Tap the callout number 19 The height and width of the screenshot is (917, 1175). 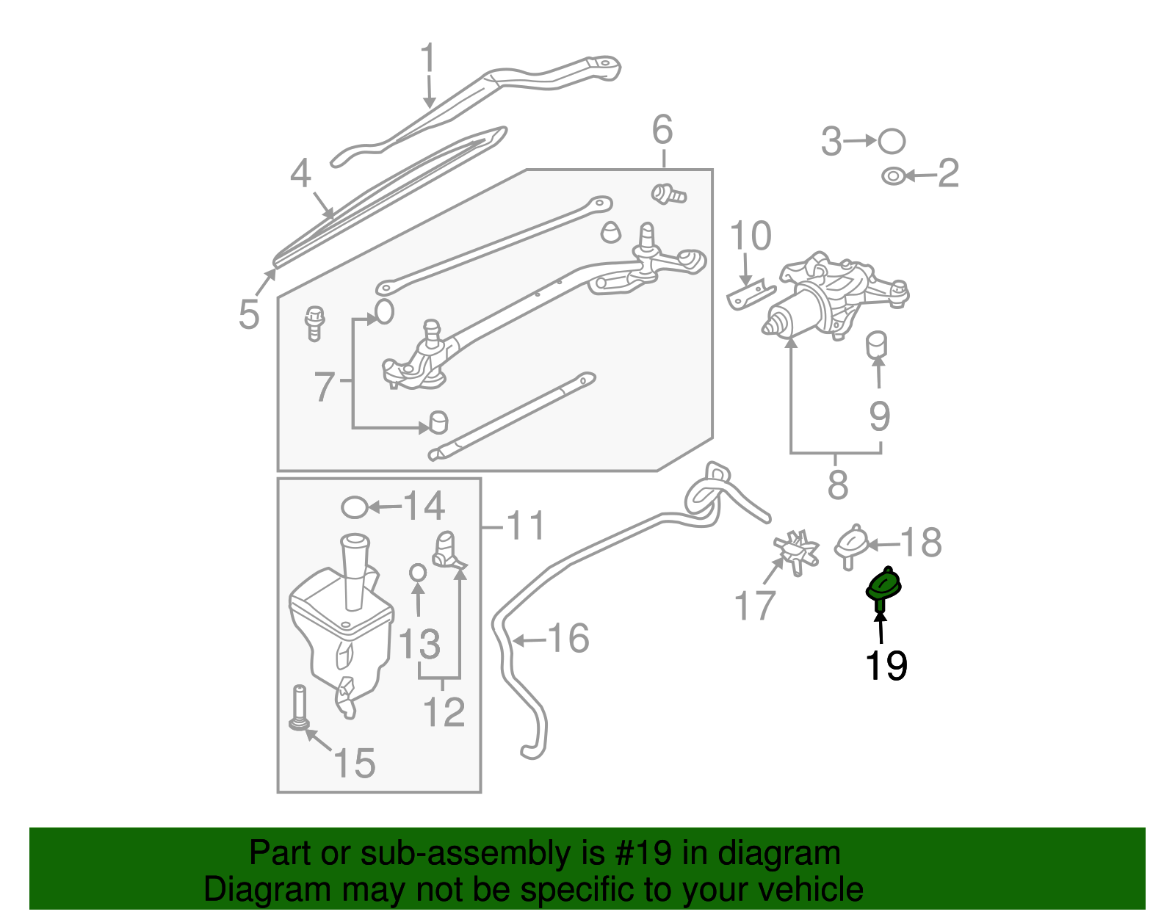pyautogui.click(x=886, y=666)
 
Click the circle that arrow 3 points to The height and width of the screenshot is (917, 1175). pyautogui.click(x=892, y=141)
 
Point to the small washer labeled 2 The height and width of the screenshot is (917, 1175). pyautogui.click(x=893, y=176)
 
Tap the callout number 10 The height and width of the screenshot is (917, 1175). pyautogui.click(x=751, y=236)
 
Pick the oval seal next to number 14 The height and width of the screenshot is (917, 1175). pyautogui.click(x=355, y=507)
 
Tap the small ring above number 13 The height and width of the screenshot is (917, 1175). pyautogui.click(x=417, y=571)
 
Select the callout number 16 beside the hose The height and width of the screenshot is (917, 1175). pyautogui.click(x=568, y=638)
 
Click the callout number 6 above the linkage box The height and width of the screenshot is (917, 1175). pyautogui.click(x=662, y=130)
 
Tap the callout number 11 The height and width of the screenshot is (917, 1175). pyautogui.click(x=527, y=526)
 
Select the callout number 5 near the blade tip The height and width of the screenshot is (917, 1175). pyautogui.click(x=249, y=314)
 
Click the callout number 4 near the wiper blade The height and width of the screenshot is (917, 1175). pyautogui.click(x=300, y=175)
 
